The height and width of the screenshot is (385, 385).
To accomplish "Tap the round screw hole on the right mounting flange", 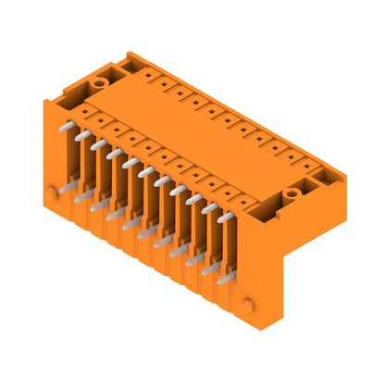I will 291,193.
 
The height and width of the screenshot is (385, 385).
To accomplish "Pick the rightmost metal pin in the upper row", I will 224,216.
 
